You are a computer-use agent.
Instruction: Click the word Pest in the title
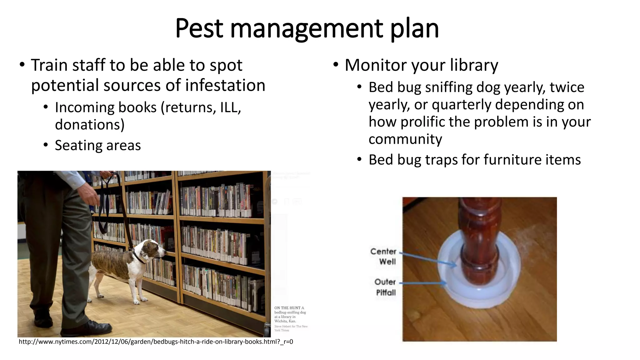click(x=199, y=28)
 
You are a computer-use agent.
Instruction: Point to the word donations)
click(x=90, y=125)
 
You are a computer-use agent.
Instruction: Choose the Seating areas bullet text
click(x=98, y=146)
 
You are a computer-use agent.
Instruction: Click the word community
click(x=405, y=139)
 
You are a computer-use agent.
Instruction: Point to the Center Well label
click(x=384, y=256)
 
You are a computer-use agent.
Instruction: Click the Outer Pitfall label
click(x=386, y=287)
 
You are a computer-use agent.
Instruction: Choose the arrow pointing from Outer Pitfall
click(x=423, y=283)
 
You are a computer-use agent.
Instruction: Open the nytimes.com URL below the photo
click(x=156, y=342)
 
